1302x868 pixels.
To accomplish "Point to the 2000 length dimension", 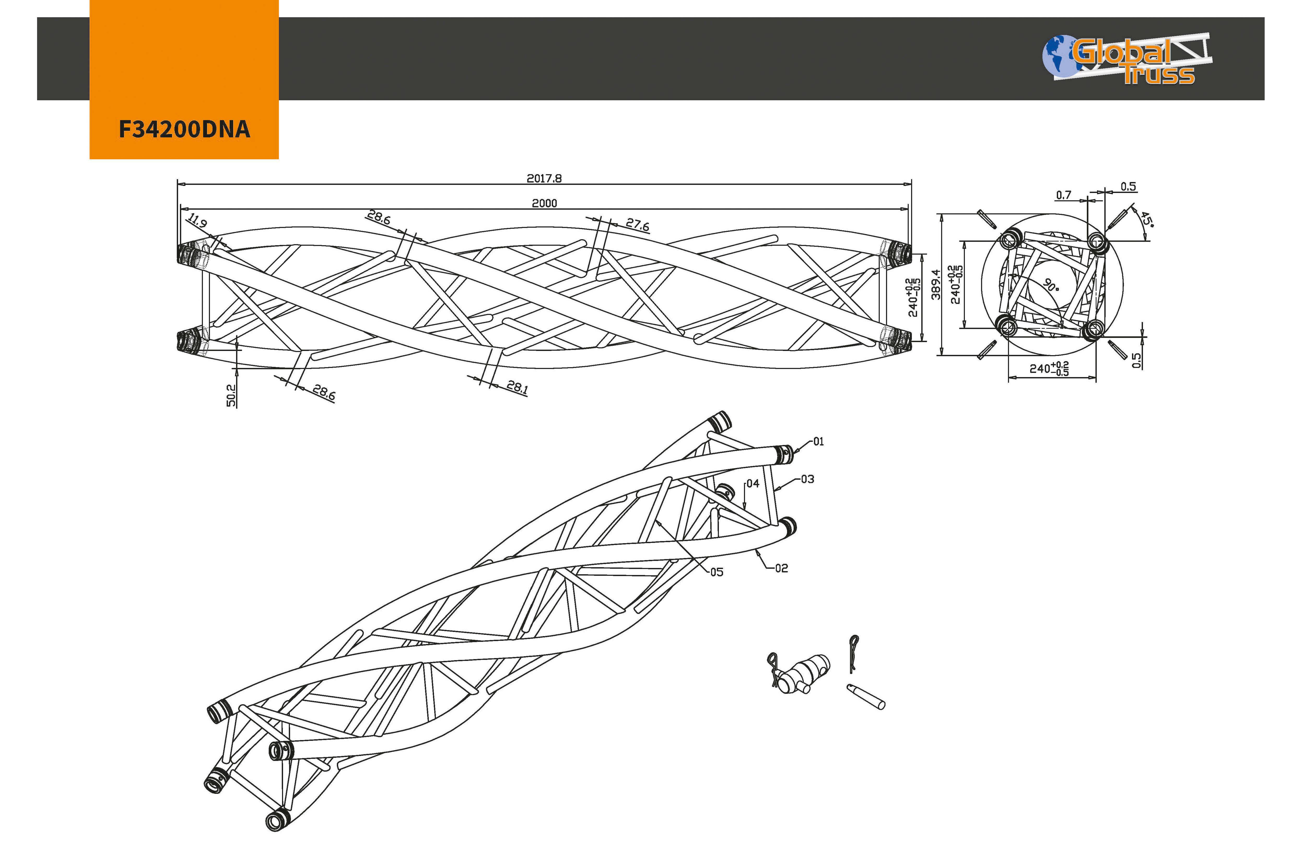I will tap(544, 203).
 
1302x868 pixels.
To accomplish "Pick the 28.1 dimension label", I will tap(517, 387).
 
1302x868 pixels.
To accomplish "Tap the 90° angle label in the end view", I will tap(1051, 285).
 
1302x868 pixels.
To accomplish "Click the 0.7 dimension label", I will tap(1063, 195).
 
